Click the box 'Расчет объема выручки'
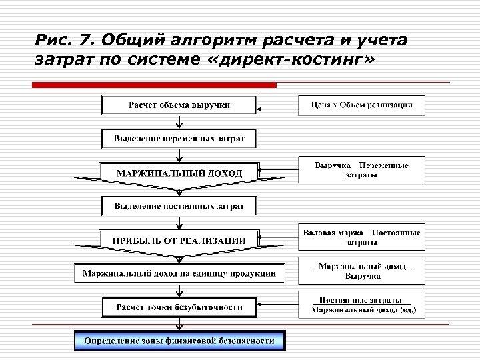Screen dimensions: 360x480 point(179,105)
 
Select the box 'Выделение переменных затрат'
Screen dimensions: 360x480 point(179,139)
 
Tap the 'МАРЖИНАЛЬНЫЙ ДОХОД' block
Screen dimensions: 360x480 point(179,173)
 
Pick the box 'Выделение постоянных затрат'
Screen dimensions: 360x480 point(179,206)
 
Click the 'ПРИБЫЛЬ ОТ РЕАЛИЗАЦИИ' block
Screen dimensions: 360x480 point(179,240)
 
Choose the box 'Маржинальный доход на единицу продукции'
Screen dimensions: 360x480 point(179,273)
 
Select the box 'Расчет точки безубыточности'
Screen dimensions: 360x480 point(179,307)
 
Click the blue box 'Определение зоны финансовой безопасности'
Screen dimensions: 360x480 point(179,341)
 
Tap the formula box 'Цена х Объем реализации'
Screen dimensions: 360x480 point(361,105)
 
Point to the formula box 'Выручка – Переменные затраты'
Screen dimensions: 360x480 point(361,169)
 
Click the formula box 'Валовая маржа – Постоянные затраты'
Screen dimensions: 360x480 point(361,237)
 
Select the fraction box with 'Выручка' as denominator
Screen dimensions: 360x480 point(361,271)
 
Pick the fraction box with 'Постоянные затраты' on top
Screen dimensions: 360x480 point(361,305)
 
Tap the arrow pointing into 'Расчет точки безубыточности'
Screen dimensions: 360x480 point(277,307)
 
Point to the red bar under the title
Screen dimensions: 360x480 point(154,85)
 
